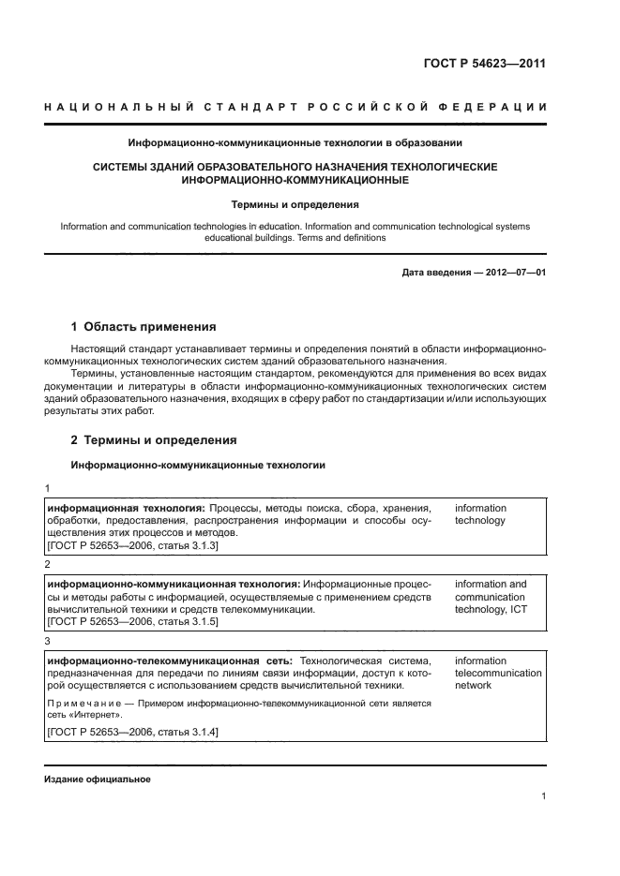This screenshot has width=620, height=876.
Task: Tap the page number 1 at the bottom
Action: (x=543, y=796)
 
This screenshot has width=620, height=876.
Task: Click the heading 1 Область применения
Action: (x=144, y=327)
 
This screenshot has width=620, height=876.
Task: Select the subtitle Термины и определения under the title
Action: (x=295, y=203)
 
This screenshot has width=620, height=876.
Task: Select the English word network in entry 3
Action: (x=473, y=685)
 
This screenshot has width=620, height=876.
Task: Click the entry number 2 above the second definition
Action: (x=48, y=565)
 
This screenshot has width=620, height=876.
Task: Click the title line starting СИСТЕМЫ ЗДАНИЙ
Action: (x=295, y=166)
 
